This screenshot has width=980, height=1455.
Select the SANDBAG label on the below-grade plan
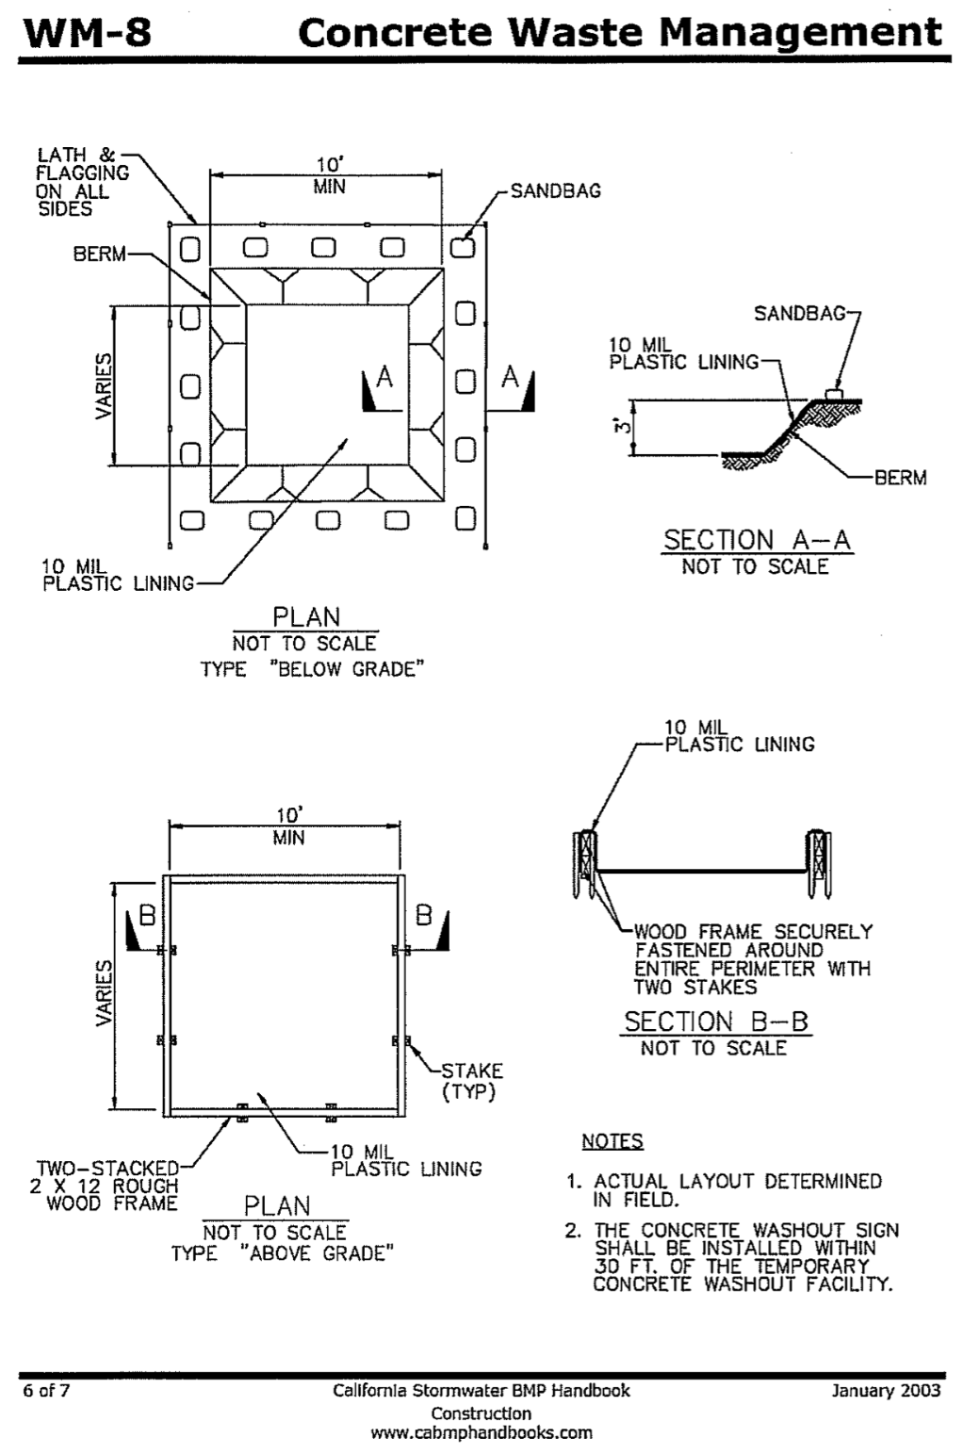point(555,191)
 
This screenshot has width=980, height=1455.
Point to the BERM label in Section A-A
point(900,478)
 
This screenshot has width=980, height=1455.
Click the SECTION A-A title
point(757,540)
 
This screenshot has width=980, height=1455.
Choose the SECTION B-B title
point(716,1022)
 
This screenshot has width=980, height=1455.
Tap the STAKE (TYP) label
point(472,1081)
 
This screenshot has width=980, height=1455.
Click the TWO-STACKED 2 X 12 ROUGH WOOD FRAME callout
point(104,1186)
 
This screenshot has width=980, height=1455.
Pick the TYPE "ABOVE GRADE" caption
point(282,1253)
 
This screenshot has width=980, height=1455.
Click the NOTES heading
point(612,1141)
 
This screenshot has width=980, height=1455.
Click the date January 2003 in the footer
point(886,1390)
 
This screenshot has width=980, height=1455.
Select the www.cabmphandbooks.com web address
point(482,1433)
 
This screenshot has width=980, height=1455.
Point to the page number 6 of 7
point(48,1390)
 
